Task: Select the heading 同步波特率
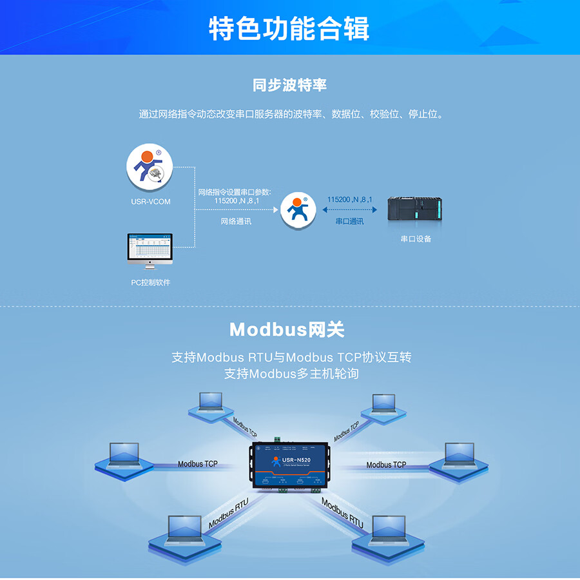(289, 85)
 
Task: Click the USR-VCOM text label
(151, 202)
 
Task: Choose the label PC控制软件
(151, 282)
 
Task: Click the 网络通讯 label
(236, 221)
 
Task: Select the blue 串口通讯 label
(349, 221)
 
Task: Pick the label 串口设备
(416, 238)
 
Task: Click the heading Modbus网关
(287, 330)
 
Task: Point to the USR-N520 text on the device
(296, 459)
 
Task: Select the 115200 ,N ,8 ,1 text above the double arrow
(349, 200)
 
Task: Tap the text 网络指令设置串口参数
(235, 192)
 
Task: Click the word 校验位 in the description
(383, 114)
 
